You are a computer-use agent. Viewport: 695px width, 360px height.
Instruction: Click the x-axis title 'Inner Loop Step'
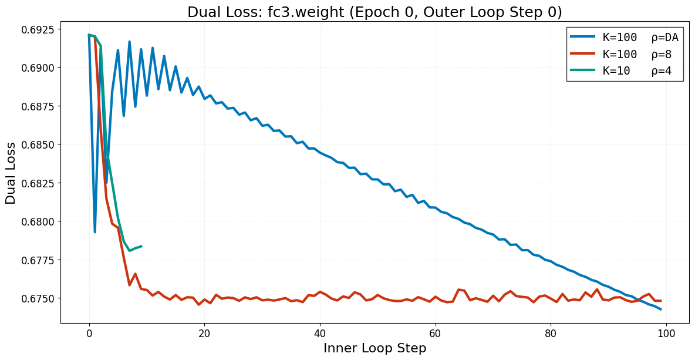click(x=375, y=348)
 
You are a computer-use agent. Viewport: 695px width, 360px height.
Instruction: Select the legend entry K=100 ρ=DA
click(x=625, y=38)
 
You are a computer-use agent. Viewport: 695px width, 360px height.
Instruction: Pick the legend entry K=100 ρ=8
click(x=625, y=55)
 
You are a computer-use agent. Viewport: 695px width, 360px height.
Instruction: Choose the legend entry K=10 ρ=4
click(x=625, y=72)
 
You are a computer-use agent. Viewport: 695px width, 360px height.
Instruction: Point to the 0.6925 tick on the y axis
click(x=37, y=29)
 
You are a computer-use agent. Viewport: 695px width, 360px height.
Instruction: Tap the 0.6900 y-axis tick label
click(x=37, y=68)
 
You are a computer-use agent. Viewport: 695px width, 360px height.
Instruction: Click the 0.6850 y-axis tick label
click(x=37, y=145)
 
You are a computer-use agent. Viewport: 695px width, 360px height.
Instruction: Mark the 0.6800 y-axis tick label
click(x=37, y=222)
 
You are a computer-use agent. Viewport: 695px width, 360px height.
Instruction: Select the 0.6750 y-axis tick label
click(x=37, y=299)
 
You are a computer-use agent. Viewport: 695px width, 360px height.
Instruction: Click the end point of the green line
click(x=141, y=246)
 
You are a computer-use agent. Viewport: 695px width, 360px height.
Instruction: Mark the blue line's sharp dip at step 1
click(x=95, y=232)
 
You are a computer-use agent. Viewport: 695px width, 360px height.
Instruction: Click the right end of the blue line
click(x=661, y=309)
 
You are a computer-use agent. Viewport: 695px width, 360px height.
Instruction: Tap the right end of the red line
click(x=661, y=301)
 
